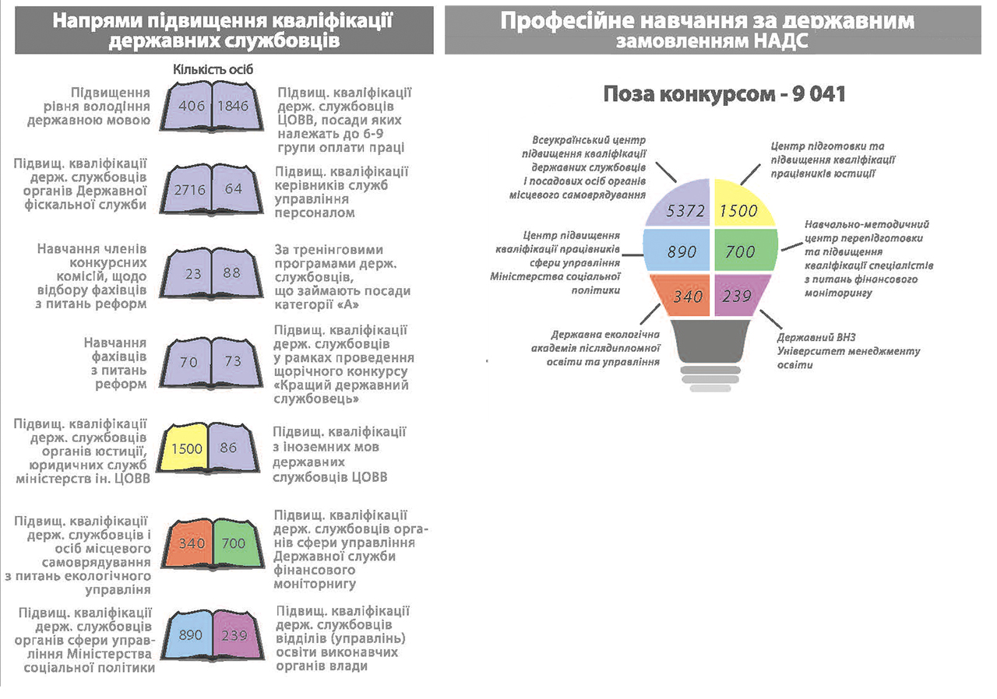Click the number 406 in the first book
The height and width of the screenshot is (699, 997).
pos(192,106)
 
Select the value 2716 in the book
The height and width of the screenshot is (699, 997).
pos(189,190)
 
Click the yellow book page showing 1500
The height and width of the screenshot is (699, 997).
pos(185,448)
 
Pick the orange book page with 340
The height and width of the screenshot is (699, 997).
pos(189,543)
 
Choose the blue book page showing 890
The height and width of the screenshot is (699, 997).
pos(189,634)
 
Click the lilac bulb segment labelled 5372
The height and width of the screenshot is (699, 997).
pos(682,205)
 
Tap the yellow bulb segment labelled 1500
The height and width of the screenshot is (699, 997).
pos(741,205)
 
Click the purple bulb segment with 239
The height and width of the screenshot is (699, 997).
pos(741,295)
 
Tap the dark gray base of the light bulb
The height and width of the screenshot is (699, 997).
pos(710,341)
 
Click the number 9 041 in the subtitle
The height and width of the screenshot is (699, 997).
pos(818,94)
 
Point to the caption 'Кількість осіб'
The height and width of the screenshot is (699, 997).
pos(213,69)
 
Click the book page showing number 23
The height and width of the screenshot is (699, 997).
pos(188,273)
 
